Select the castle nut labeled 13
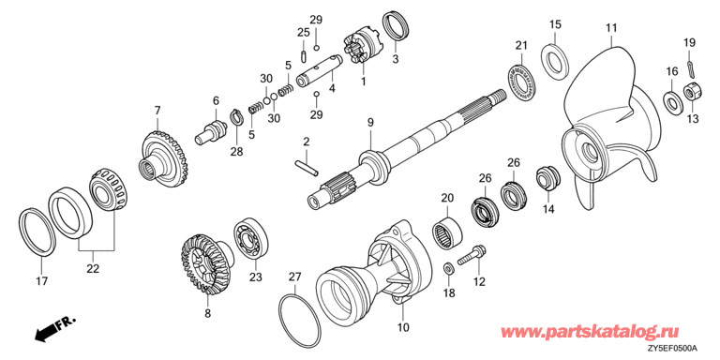click(691, 93)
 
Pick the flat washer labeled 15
click(556, 62)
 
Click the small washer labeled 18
click(448, 267)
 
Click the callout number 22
click(93, 269)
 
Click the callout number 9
click(370, 122)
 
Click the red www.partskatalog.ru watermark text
click(592, 331)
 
